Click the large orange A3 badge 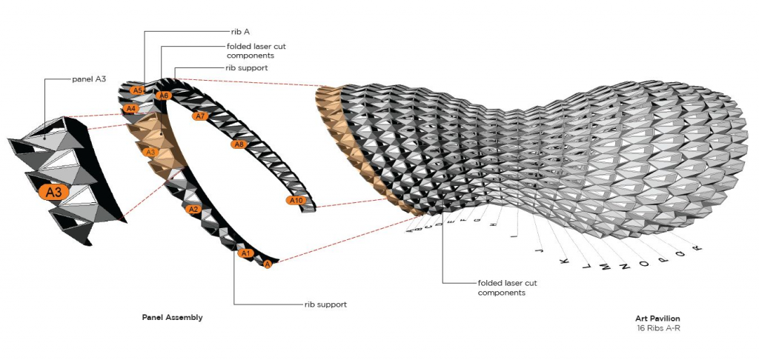tap(54, 193)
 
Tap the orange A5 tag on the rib tap(136, 90)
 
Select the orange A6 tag tap(165, 96)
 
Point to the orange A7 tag tap(199, 116)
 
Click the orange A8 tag tap(239, 144)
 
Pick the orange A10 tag tap(296, 201)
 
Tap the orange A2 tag tap(193, 210)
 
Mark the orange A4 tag tap(130, 109)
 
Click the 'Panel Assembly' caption tap(172, 317)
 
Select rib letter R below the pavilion tap(697, 249)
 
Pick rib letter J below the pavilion tap(537, 251)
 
